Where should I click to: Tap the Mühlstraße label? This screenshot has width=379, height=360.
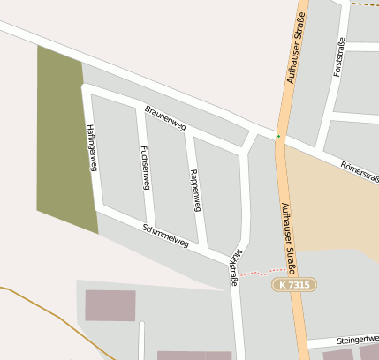233,267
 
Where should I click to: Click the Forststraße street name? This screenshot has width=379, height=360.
338,58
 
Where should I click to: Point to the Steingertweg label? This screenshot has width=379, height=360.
355,339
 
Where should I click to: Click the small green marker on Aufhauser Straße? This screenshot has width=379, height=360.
278,136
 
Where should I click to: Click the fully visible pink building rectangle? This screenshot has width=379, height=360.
110,304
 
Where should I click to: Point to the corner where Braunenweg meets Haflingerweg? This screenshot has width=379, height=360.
87,88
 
